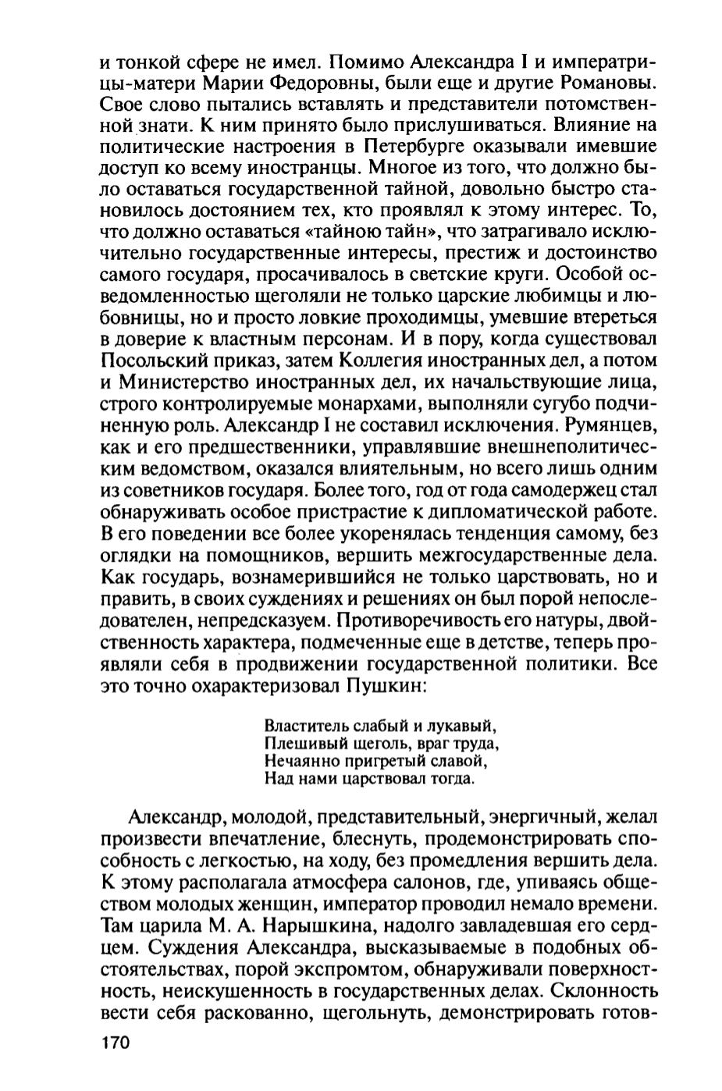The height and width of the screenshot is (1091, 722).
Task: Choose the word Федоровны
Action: pos(323,80)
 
